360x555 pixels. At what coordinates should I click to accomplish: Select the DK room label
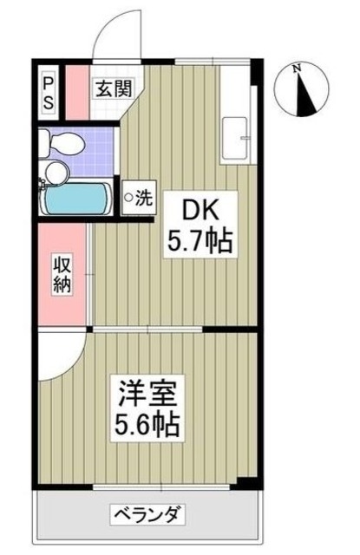(200, 211)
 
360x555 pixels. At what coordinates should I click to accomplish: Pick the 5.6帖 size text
(149, 425)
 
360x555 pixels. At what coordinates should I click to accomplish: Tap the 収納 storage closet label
(62, 274)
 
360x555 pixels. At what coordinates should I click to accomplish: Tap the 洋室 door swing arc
(62, 354)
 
